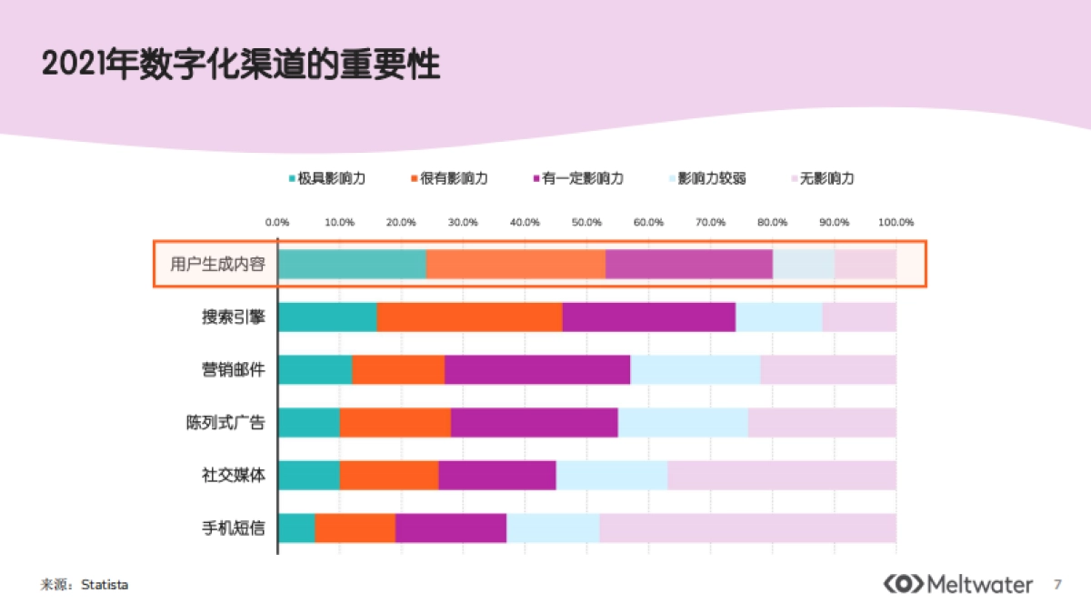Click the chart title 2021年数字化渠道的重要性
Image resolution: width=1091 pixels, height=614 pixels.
tap(241, 65)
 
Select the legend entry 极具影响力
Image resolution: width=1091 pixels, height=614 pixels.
tap(327, 178)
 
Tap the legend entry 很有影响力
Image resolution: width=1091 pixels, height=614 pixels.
tap(449, 178)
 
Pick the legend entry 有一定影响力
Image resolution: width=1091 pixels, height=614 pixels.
tap(577, 178)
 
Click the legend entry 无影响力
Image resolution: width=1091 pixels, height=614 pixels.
tap(822, 178)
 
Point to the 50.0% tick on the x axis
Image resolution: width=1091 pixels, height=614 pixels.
tap(586, 222)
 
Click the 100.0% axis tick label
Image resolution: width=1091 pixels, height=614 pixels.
tap(896, 222)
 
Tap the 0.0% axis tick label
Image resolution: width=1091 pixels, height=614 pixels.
tap(277, 222)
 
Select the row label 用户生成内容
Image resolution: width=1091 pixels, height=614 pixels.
tap(218, 265)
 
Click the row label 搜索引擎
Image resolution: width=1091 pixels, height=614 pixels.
tap(234, 317)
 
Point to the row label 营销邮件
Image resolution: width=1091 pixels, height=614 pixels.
tap(234, 370)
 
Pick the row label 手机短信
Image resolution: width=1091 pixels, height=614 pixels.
tap(234, 528)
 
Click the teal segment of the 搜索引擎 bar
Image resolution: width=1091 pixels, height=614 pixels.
tap(327, 317)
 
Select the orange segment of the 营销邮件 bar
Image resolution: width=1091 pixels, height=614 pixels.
tap(398, 370)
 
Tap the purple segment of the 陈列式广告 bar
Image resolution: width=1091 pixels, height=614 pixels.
tap(534, 423)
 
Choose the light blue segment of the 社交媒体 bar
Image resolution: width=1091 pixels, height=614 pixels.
tap(611, 476)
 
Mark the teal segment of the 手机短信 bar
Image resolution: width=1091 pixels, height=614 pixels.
tap(296, 528)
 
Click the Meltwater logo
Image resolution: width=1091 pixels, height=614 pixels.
tap(958, 584)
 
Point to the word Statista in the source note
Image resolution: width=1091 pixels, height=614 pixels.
tap(105, 585)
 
